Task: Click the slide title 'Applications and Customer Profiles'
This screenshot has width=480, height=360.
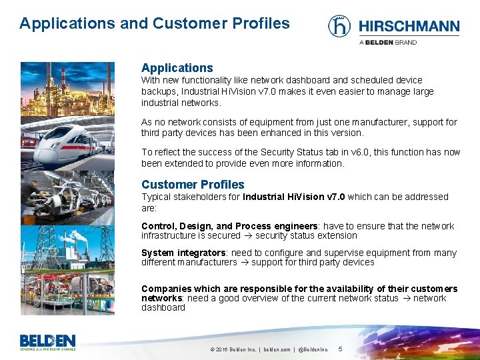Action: click(155, 23)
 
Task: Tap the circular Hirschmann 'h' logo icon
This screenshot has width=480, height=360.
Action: click(339, 26)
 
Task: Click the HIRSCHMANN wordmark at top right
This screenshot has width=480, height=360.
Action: click(409, 27)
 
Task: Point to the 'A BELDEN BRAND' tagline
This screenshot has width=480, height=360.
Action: click(388, 42)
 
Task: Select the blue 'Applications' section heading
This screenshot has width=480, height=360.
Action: click(177, 68)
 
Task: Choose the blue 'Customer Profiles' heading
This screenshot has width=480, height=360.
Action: click(193, 185)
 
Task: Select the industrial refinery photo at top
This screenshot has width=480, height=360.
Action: click(67, 91)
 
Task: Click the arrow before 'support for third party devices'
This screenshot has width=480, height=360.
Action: click(244, 263)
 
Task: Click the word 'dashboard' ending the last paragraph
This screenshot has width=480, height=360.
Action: click(163, 307)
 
